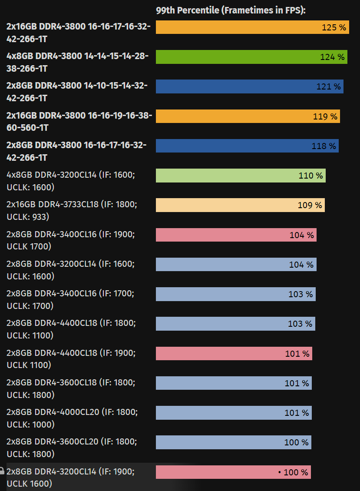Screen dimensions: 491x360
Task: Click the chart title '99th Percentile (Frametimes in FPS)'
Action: (x=231, y=10)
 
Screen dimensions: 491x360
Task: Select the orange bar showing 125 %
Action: (x=252, y=27)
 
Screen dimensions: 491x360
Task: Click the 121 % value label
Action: (x=328, y=86)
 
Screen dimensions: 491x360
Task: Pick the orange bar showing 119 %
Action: (x=248, y=116)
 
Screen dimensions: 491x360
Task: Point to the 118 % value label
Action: (x=324, y=146)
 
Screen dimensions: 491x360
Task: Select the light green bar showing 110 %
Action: (x=241, y=176)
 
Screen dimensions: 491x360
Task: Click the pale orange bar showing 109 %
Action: (x=240, y=205)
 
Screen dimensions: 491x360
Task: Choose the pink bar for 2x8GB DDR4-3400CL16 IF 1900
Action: (x=236, y=235)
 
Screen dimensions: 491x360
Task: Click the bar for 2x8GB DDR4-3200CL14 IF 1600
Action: (x=236, y=265)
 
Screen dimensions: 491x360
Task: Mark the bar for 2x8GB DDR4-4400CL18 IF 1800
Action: (x=235, y=324)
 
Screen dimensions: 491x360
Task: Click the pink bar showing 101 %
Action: (x=234, y=354)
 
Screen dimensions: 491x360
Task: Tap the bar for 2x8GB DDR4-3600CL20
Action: (x=233, y=442)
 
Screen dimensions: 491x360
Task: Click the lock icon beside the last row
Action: (x=2, y=471)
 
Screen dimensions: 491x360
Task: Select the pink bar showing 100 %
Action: (x=233, y=472)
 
